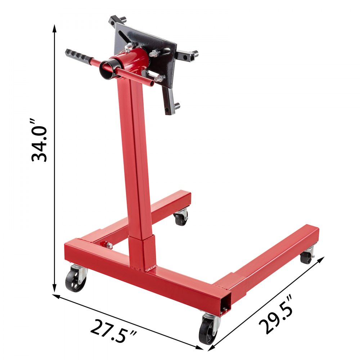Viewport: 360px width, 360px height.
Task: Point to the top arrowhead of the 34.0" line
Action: point(55,28)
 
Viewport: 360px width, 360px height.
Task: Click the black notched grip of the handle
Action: point(77,56)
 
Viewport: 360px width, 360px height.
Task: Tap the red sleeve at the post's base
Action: point(143,252)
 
